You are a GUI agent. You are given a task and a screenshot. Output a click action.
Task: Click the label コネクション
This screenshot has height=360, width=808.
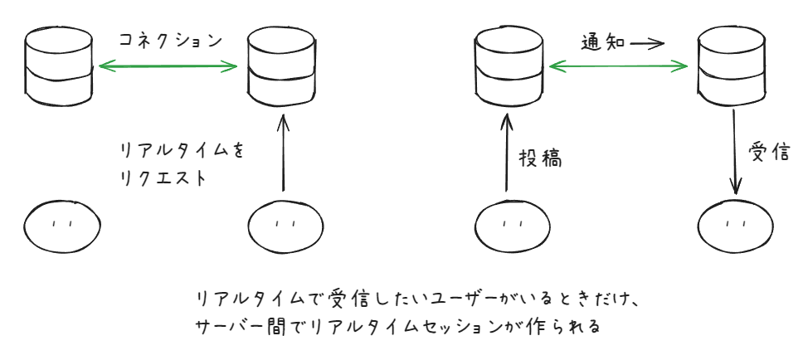170,39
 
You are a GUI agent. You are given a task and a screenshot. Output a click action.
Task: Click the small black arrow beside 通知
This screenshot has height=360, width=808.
646,42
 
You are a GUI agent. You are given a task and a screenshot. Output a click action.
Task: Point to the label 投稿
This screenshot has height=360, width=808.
541,158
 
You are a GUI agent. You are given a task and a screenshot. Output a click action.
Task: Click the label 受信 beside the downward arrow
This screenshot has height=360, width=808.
768,158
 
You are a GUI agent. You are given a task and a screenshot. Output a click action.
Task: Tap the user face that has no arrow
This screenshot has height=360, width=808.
60,221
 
